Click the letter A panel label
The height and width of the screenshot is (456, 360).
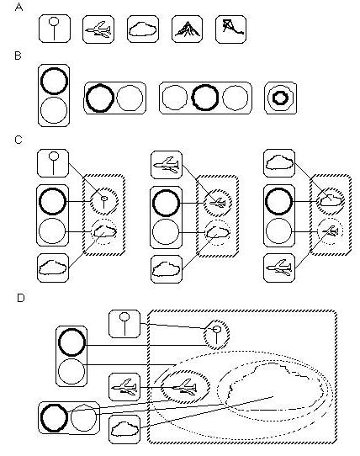point(19,7)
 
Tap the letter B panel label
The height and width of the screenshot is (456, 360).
point(18,56)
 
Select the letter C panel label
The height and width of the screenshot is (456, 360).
point(19,140)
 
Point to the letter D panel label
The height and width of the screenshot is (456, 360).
point(21,298)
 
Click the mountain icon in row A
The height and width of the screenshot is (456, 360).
point(188,29)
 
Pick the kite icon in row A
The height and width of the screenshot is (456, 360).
point(232,27)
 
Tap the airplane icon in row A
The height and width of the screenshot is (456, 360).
point(98,29)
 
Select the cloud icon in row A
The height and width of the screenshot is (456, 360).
point(143,29)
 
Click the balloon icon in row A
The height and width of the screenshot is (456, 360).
point(55,29)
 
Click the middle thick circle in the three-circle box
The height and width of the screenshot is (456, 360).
point(205,85)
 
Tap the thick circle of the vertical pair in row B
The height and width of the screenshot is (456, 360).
point(54,69)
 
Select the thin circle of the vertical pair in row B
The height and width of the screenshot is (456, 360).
point(54,98)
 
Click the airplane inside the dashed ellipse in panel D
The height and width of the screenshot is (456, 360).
point(185,387)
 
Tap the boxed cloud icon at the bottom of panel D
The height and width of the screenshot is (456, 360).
point(124,429)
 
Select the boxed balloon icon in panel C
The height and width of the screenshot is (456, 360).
point(53,163)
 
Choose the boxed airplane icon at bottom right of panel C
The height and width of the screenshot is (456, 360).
point(279,268)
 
